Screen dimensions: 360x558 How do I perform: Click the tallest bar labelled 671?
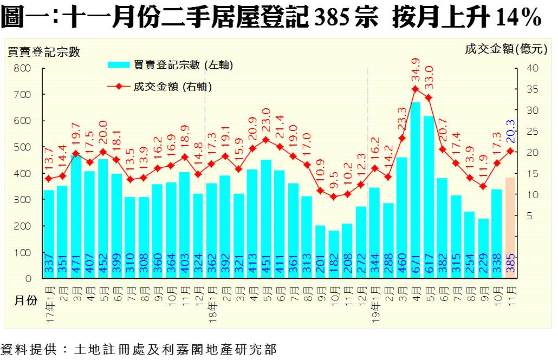416,189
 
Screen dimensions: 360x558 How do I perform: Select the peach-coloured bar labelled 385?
510,227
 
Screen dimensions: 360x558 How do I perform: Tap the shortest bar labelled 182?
334,254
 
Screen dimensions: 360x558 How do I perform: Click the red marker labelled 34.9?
416,89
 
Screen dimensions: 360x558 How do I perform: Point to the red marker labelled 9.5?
334,197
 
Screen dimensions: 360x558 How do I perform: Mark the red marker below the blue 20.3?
510,151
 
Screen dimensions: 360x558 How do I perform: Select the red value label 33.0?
429,77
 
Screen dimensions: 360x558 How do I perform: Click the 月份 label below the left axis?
25,301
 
